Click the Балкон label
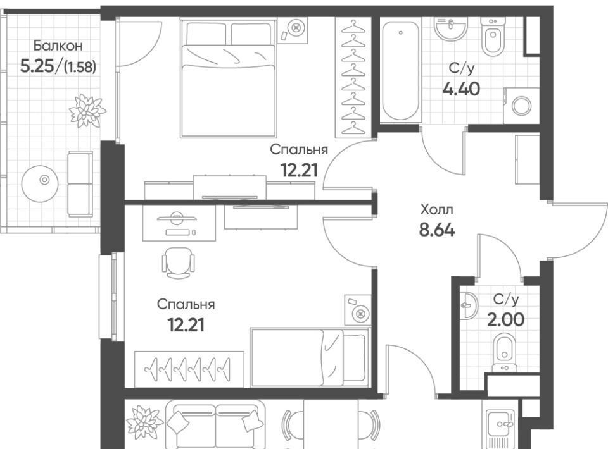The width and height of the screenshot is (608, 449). click(58, 46)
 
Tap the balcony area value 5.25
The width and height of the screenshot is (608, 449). click(37, 66)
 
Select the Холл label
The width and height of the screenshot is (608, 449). click(436, 210)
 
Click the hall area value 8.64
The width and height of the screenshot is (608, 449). click(436, 230)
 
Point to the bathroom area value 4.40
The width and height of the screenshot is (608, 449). click(462, 89)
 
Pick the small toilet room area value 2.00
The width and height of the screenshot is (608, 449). click(506, 320)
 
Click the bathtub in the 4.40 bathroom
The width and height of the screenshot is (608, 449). click(400, 70)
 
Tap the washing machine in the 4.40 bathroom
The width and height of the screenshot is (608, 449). click(521, 106)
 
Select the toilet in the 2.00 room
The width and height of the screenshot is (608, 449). click(504, 352)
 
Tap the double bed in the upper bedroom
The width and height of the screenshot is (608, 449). click(228, 78)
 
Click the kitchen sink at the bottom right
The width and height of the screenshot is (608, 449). click(500, 426)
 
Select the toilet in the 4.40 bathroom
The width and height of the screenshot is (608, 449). click(493, 37)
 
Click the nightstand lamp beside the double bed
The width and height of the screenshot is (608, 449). click(296, 28)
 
